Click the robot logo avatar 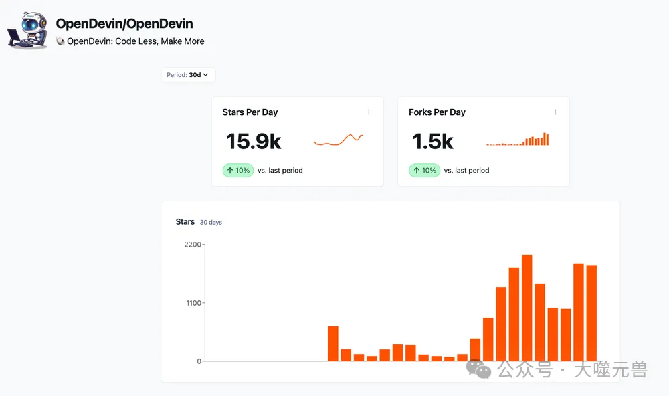(27, 29)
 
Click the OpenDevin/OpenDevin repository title (124, 24)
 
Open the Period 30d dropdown (188, 75)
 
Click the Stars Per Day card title (250, 112)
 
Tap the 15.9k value (254, 141)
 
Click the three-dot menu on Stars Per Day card (369, 112)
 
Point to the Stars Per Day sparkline (339, 140)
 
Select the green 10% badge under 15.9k (238, 171)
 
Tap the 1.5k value (432, 141)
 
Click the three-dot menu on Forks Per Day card (555, 112)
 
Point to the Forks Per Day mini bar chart (518, 140)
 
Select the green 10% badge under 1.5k (425, 171)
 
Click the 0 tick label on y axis (199, 361)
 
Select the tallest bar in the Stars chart (527, 308)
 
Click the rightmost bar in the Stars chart (591, 313)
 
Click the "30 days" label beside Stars (211, 223)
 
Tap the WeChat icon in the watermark (479, 369)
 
